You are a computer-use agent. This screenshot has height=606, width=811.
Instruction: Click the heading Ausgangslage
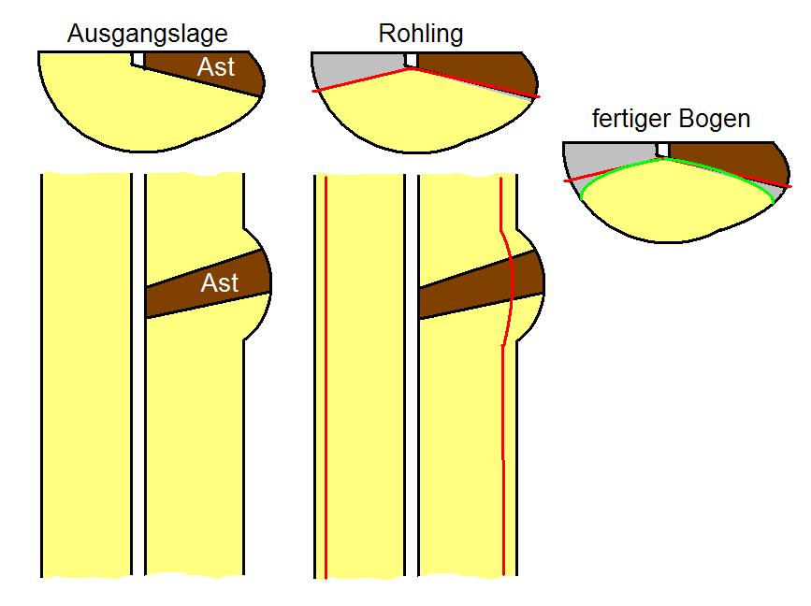148,35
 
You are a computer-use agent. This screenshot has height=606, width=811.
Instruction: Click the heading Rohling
421,35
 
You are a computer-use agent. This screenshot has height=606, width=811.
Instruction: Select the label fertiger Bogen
672,119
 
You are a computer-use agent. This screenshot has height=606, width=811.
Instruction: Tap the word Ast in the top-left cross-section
216,67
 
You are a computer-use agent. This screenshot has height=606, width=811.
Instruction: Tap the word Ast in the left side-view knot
220,282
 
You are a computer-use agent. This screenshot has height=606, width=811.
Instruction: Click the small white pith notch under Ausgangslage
138,60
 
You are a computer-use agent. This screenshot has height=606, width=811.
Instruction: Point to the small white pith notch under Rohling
411,60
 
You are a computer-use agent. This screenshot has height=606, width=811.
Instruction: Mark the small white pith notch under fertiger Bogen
663,150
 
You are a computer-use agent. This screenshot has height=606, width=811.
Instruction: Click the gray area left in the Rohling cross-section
351,69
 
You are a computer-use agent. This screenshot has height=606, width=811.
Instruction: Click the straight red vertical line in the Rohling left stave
326,374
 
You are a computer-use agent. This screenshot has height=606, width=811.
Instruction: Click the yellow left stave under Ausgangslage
86,374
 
